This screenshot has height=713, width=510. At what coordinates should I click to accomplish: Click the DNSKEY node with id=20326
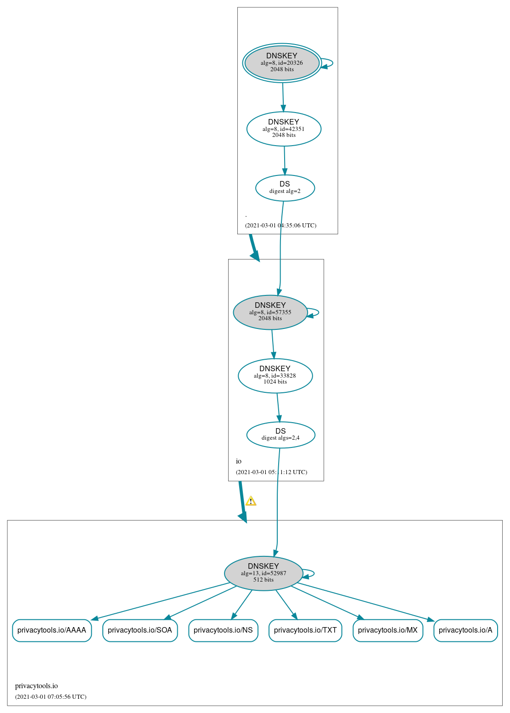pos(282,63)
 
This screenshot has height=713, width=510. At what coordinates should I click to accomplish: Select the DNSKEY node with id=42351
pos(284,129)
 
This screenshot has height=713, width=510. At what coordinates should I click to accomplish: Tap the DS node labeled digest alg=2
pos(285,188)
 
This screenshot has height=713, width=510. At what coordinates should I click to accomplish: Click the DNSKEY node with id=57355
pos(270,312)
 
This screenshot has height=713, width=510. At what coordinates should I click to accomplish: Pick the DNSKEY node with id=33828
pos(275,376)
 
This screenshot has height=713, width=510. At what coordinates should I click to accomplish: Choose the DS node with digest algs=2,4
pos(280,435)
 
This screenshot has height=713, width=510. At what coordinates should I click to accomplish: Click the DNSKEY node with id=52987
pos(263,573)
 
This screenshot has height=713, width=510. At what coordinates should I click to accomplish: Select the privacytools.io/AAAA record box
pos(52,630)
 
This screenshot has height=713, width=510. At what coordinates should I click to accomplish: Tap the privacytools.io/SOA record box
pos(140,630)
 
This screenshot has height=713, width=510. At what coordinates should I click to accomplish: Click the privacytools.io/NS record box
pos(223,630)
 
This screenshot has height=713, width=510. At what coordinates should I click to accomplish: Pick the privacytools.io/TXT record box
pos(305,630)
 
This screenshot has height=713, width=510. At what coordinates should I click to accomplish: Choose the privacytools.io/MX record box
pos(387,630)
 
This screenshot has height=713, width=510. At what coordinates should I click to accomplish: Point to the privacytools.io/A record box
pos(465,630)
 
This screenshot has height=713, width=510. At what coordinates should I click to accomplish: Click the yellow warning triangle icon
pos(251,501)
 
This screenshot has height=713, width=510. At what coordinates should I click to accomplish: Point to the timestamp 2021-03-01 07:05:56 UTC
pos(51,697)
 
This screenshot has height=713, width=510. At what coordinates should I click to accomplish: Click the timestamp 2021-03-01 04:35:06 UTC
pos(280,226)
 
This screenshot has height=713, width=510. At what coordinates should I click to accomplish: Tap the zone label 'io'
pos(238,461)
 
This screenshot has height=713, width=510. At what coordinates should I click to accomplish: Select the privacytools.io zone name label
pos(36,685)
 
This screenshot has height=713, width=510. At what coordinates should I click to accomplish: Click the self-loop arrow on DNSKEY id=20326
pos(327,63)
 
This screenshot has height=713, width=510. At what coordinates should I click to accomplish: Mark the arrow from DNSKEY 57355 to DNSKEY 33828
pos(273,345)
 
